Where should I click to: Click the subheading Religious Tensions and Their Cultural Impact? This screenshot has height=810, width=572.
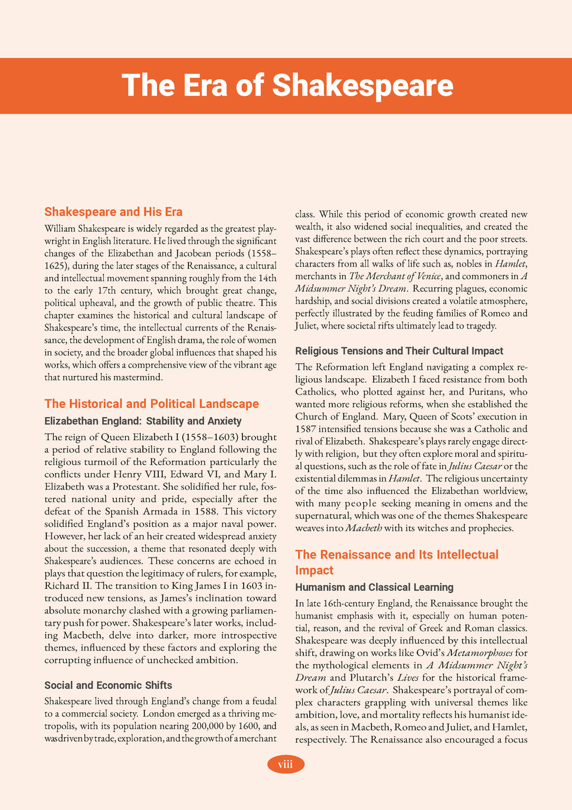pos(399,351)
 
